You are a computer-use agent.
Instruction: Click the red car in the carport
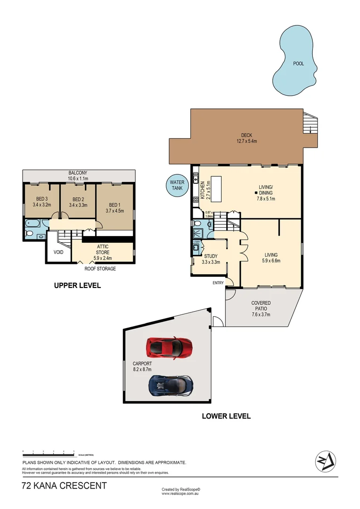coord(169,347)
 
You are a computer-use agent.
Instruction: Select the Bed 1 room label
coord(115,205)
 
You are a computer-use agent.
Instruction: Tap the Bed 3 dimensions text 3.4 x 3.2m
coord(42,205)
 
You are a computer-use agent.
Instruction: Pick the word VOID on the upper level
coord(58,252)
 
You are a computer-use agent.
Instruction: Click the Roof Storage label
coord(100,269)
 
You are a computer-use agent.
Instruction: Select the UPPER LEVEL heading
coord(77,286)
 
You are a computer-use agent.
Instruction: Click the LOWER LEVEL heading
coord(226,416)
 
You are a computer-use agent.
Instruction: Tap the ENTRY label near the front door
coord(218,283)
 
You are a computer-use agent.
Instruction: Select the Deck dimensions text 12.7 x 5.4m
coord(246,141)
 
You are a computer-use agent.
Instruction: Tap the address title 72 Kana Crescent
coord(64,486)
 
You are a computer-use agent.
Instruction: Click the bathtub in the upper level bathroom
coord(34,223)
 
